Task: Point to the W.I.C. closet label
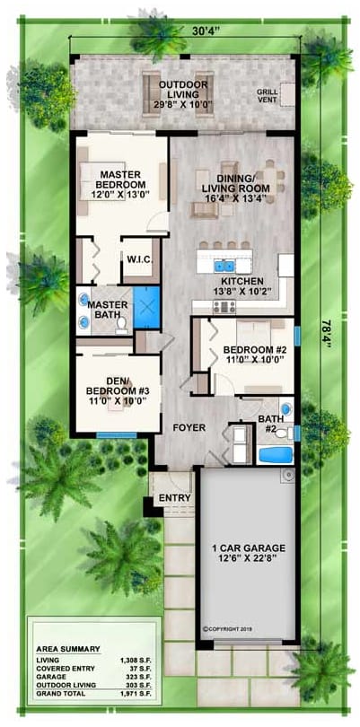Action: [139, 260]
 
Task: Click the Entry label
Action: [175, 498]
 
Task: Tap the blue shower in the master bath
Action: [145, 303]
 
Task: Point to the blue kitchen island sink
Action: [222, 266]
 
